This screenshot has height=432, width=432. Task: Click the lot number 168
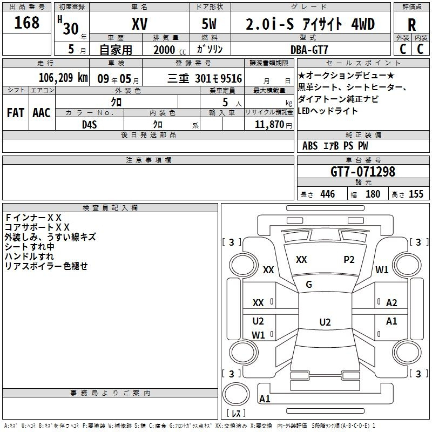27,23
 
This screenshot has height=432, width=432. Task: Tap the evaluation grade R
411,25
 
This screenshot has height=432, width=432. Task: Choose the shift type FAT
16,113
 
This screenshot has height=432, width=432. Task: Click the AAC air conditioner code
42,113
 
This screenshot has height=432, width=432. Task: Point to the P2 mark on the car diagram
349,260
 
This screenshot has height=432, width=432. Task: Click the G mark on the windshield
309,285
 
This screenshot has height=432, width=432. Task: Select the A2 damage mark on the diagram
392,303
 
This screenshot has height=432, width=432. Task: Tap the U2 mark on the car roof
325,322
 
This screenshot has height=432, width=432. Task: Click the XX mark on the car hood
301,260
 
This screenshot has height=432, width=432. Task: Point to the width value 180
373,194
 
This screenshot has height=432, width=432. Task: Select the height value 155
416,194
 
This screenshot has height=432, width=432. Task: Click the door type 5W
210,24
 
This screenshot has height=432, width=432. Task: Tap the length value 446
327,194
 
